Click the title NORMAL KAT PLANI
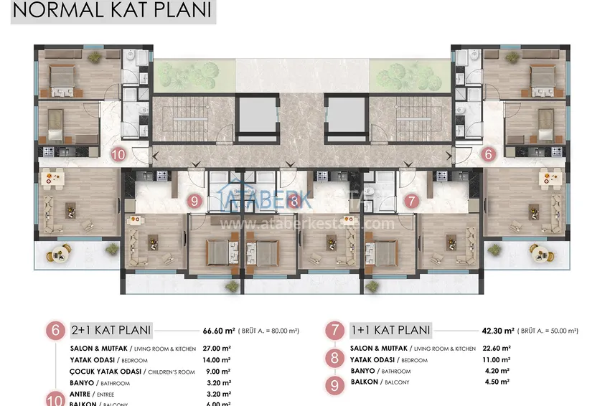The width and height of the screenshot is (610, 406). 113,11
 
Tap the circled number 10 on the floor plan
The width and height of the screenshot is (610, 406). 120,154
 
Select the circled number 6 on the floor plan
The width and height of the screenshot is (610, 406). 488,154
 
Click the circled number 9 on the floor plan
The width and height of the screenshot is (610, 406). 194,202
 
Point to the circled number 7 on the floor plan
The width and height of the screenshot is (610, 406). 410,202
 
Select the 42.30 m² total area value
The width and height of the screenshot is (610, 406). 499,331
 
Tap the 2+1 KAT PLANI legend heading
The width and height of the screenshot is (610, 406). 111,331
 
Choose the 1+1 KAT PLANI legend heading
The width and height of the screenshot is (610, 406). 390,331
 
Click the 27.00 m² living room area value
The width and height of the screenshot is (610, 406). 216,349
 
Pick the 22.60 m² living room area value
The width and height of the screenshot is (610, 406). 496,349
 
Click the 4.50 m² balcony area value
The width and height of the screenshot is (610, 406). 496,382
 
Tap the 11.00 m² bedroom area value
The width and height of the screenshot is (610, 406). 496,360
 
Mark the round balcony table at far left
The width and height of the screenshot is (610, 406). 59,251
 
